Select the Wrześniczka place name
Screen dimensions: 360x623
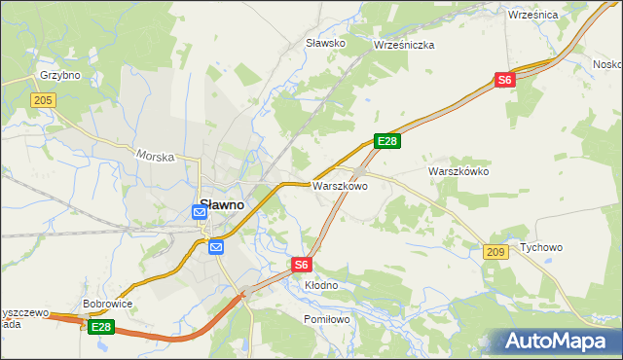[404, 45]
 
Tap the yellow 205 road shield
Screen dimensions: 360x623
[43, 100]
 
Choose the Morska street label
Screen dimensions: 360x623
[155, 155]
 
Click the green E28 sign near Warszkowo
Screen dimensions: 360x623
[387, 142]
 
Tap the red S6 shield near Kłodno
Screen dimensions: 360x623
[302, 264]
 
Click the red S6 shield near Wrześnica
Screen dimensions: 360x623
[503, 81]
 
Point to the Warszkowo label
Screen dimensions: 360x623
[340, 186]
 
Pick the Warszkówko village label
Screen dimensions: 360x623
[458, 171]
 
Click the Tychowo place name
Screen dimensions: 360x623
[541, 247]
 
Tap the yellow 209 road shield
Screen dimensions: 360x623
[494, 252]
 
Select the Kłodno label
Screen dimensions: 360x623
[321, 285]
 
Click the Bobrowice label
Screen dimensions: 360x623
[107, 304]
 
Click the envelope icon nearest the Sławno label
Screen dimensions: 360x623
[200, 224]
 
